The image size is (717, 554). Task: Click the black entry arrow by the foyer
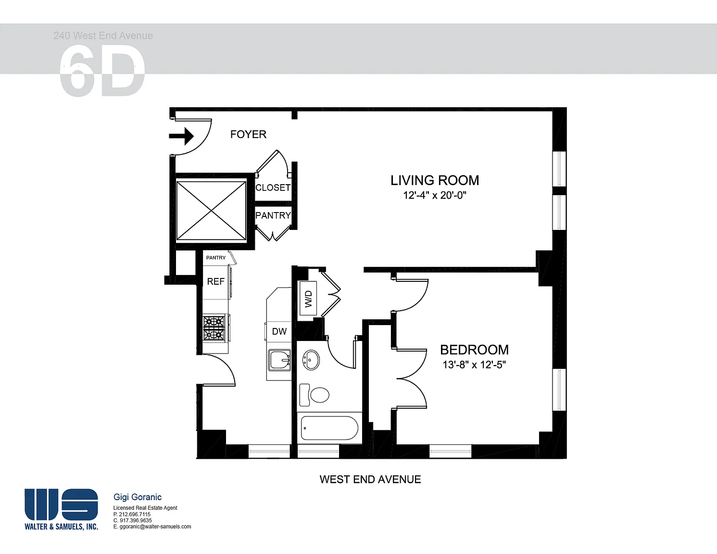pyautogui.click(x=181, y=136)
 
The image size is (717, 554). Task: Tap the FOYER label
pyautogui.click(x=248, y=134)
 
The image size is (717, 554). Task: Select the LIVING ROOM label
pyautogui.click(x=435, y=180)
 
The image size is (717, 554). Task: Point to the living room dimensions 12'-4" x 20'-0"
pyautogui.click(x=435, y=195)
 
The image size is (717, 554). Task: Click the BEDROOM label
pyautogui.click(x=474, y=350)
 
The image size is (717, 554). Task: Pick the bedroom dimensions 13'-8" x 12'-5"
pyautogui.click(x=474, y=365)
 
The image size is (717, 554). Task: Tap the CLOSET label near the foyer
pyautogui.click(x=273, y=188)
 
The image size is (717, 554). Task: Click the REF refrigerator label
pyautogui.click(x=215, y=281)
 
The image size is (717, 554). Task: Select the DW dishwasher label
pyautogui.click(x=279, y=332)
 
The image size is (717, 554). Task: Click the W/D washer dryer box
pyautogui.click(x=308, y=298)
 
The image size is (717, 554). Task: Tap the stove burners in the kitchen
pyautogui.click(x=214, y=328)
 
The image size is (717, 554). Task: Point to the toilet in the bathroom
pyautogui.click(x=314, y=395)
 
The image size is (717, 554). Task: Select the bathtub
pyautogui.click(x=329, y=428)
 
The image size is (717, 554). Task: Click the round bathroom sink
pyautogui.click(x=311, y=360)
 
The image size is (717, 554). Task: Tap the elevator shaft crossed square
pyautogui.click(x=211, y=211)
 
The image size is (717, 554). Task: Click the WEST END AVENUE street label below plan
pyautogui.click(x=370, y=479)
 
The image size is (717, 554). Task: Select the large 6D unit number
pyautogui.click(x=102, y=71)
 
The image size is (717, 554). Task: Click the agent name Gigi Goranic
pyautogui.click(x=138, y=497)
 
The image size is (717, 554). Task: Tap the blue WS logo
pyautogui.click(x=62, y=504)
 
